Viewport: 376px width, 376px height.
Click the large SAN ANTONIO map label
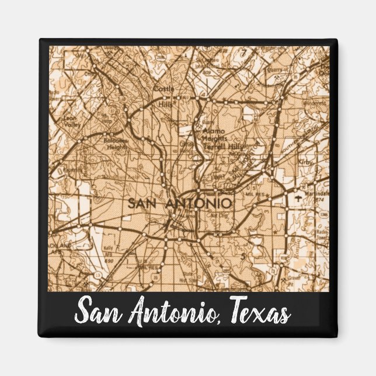point(180,203)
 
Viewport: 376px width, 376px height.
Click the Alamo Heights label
point(215,135)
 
